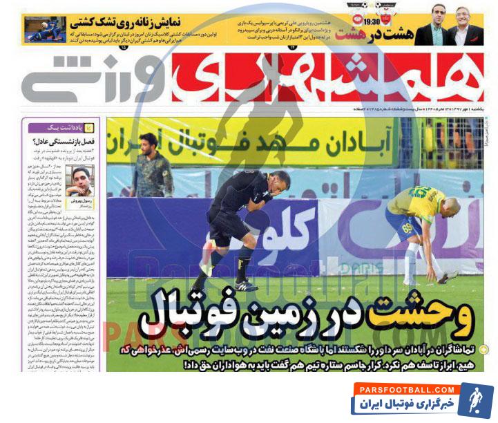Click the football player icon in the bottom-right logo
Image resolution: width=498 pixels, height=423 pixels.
(x=475, y=399)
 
